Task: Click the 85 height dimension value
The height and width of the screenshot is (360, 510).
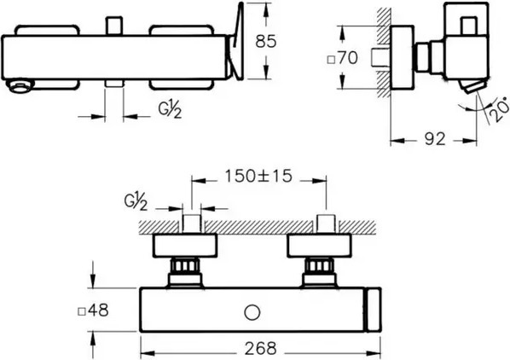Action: tap(266, 42)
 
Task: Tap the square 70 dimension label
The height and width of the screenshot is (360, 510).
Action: tap(342, 58)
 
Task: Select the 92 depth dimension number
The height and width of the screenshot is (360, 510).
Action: tap(435, 139)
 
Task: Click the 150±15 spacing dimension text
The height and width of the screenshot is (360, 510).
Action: tap(258, 177)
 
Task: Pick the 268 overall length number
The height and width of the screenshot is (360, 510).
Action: tap(260, 348)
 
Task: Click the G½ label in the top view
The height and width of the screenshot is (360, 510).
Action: tap(170, 110)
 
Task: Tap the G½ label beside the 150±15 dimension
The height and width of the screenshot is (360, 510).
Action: tap(136, 202)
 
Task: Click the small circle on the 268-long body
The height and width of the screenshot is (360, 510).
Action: tap(252, 313)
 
